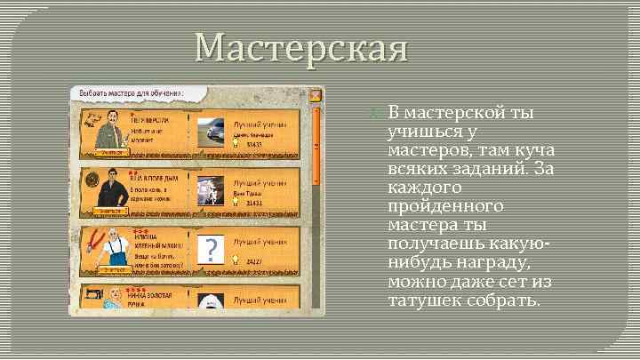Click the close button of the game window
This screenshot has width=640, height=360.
pos(315,95)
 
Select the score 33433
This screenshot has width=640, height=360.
pos(254,143)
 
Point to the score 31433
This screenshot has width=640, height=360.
pos(254,203)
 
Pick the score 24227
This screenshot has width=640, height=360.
pos(254,261)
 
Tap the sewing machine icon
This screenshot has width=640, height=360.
pos(91,294)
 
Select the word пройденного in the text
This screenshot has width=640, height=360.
pos(446,206)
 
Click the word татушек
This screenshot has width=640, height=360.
pos(425,300)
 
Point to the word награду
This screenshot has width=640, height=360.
pos(484,262)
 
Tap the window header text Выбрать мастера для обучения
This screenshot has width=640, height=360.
pos(132,93)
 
